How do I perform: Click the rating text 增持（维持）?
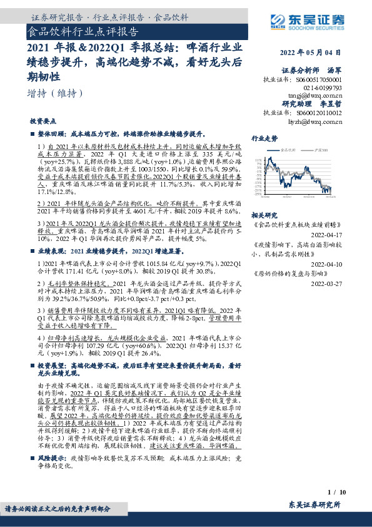click(56, 93)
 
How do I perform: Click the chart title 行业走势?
click(264, 138)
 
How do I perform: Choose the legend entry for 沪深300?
click(323, 150)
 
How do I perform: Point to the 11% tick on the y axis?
click(258, 160)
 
